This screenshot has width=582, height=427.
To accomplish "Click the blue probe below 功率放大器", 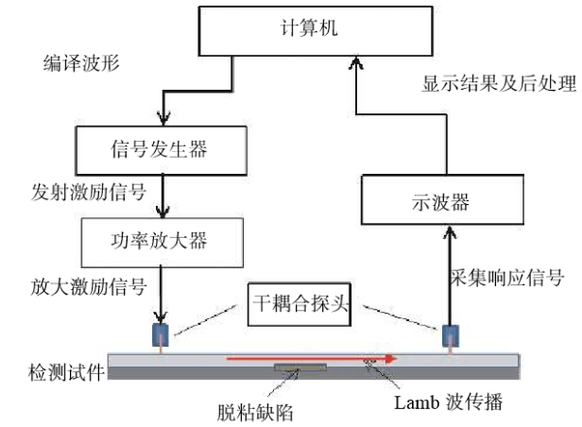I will (160, 335).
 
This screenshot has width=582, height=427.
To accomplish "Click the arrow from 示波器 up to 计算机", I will (356, 123).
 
